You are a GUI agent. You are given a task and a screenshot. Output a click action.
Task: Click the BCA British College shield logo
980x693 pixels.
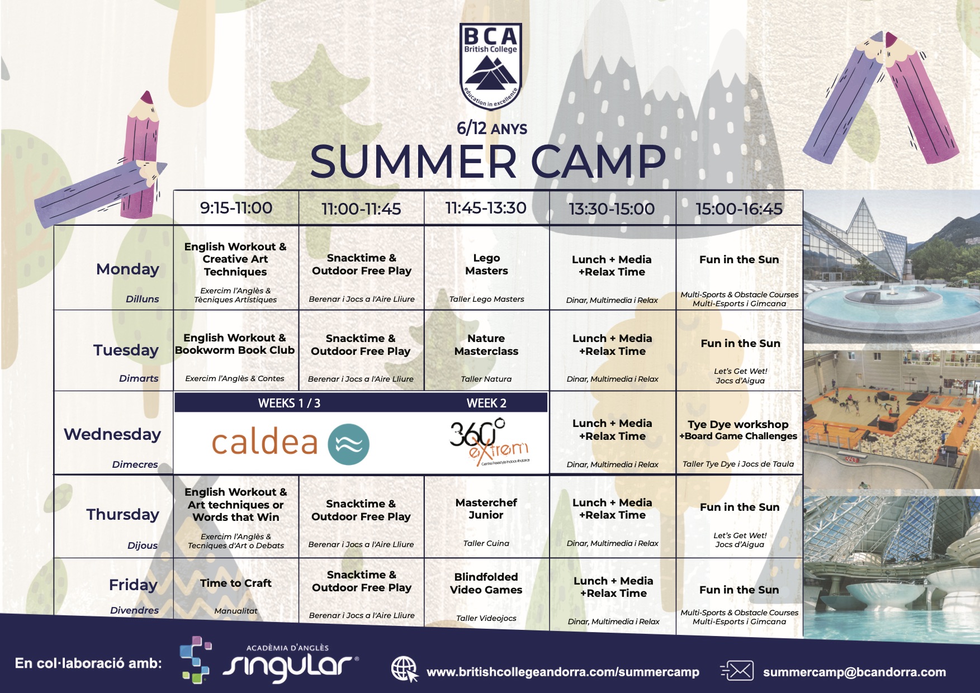pyautogui.click(x=490, y=67)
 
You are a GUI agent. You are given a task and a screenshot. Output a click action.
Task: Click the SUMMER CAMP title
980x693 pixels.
pyautogui.click(x=488, y=162)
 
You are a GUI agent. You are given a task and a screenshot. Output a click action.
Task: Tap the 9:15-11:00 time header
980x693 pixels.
pyautogui.click(x=236, y=208)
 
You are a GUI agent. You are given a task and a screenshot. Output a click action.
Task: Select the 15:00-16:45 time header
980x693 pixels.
pyautogui.click(x=738, y=209)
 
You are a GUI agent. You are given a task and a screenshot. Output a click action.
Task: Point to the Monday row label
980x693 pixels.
pyautogui.click(x=127, y=269)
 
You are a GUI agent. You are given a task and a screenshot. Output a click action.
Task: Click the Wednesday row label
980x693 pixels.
pyautogui.click(x=112, y=434)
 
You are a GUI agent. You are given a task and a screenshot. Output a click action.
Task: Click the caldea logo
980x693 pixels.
pyautogui.click(x=290, y=444)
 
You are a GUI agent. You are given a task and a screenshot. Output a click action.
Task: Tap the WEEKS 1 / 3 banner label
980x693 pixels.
pyautogui.click(x=289, y=404)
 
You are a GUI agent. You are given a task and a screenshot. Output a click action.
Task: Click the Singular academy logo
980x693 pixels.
pyautogui.click(x=269, y=660)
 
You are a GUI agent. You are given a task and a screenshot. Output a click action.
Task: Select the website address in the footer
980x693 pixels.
pyautogui.click(x=563, y=672)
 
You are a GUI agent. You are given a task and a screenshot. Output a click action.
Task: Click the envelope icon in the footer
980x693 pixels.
pyautogui.click(x=737, y=671)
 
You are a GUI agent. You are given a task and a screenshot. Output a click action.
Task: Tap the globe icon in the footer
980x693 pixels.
pyautogui.click(x=404, y=669)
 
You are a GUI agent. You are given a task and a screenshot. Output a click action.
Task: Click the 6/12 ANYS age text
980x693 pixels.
pyautogui.click(x=492, y=129)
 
